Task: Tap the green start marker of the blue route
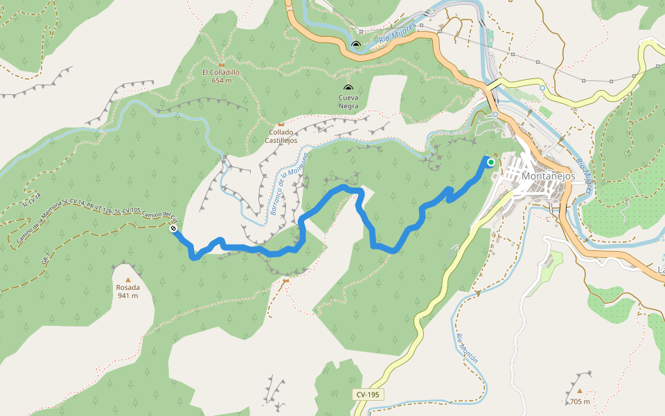491,162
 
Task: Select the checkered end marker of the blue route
172,228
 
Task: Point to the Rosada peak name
127,288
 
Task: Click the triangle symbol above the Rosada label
127,279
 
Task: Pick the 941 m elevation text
127,296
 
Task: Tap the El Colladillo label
222,72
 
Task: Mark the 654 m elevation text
222,80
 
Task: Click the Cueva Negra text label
348,102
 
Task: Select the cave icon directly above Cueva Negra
348,88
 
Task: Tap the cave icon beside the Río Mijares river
356,44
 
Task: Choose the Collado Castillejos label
282,136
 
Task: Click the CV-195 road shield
369,395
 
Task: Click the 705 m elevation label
580,401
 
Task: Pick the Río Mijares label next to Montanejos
584,177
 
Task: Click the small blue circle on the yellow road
542,88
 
